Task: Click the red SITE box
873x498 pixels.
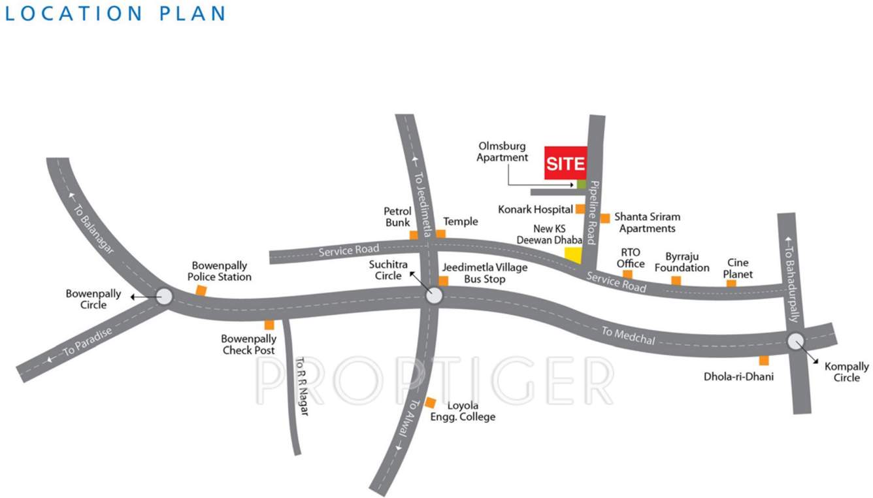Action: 565,163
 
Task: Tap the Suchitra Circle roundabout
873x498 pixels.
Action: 434,297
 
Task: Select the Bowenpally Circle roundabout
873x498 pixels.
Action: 163,297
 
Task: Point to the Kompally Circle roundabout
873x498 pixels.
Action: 795,340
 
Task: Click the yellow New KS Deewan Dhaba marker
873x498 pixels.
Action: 573,255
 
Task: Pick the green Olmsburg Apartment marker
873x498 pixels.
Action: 582,184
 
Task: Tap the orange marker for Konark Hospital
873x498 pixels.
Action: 580,209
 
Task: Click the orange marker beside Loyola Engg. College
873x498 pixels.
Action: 431,403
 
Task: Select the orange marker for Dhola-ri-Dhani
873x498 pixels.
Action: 763,360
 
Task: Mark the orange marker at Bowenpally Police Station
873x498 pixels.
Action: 202,290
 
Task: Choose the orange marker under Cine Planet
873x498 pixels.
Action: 731,284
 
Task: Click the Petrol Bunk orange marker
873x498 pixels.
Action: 414,235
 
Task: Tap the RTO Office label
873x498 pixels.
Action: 631,258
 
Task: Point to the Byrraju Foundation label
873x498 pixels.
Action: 682,262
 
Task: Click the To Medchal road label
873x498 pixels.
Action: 628,335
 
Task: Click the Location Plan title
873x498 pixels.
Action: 116,13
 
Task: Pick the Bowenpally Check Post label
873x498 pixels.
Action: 248,344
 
